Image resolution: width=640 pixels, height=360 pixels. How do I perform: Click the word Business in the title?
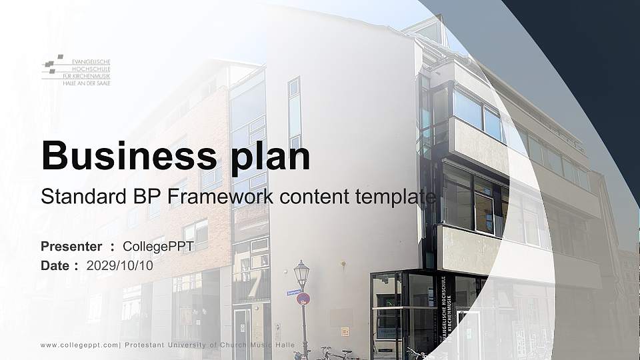point(126,156)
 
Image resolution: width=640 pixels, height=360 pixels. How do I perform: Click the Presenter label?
point(71,247)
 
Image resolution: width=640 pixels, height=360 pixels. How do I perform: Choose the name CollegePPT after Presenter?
point(159,247)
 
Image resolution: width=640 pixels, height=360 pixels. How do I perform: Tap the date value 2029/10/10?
point(120,265)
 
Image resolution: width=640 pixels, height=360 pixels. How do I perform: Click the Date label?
point(55,265)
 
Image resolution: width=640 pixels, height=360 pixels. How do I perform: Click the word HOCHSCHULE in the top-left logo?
point(91,68)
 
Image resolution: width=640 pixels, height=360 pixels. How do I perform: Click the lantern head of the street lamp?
point(301,273)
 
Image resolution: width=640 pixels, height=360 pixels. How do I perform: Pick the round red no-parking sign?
point(303,299)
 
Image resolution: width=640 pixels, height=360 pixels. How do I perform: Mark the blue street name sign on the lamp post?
point(294,292)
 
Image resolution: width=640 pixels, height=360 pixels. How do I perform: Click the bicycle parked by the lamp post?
point(333,353)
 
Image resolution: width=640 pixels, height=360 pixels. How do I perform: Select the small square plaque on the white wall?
point(345,331)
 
